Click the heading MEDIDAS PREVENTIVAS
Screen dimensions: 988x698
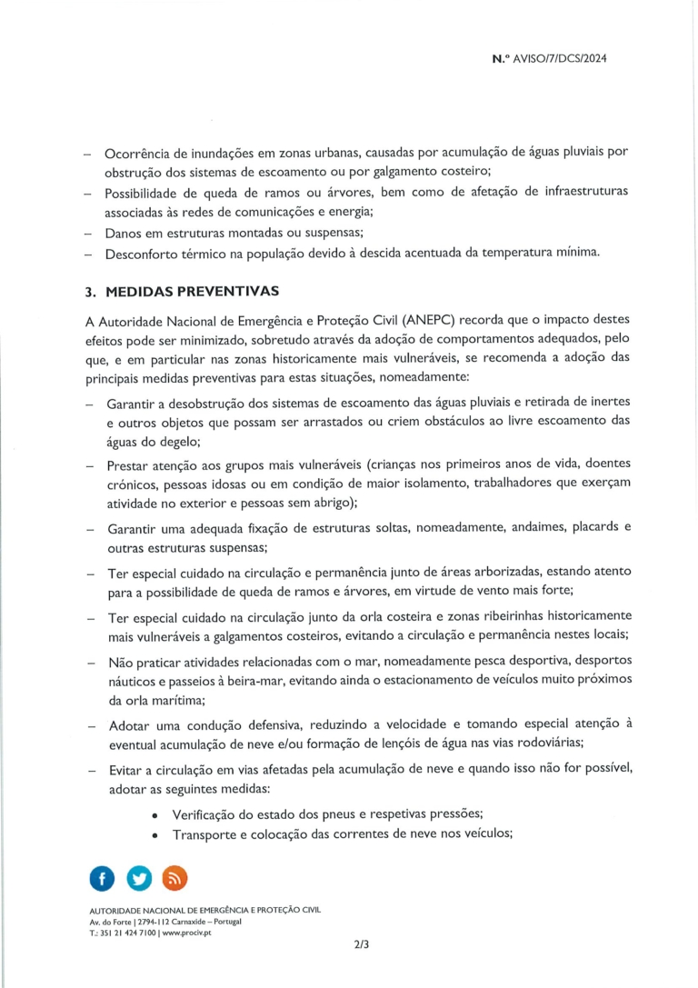pos(193,292)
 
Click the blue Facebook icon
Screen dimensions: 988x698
pos(101,878)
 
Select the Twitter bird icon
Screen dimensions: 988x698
pos(138,878)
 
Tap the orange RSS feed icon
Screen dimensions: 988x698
pos(174,878)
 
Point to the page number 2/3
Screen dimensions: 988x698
pos(362,944)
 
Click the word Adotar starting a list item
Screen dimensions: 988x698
pos(131,724)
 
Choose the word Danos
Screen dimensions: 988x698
pos(125,233)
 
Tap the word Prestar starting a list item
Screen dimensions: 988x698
pos(132,465)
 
